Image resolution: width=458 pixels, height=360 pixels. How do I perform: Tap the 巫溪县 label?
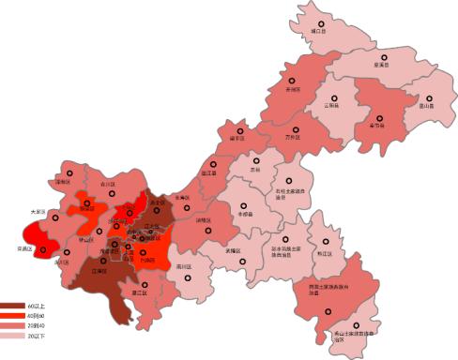point(381,65)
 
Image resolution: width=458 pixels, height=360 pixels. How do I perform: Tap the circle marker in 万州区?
point(297,119)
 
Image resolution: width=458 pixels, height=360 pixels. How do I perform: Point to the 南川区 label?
point(185,266)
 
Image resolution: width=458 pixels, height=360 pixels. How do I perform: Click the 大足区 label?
point(38,212)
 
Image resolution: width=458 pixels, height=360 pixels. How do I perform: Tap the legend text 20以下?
point(36,335)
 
